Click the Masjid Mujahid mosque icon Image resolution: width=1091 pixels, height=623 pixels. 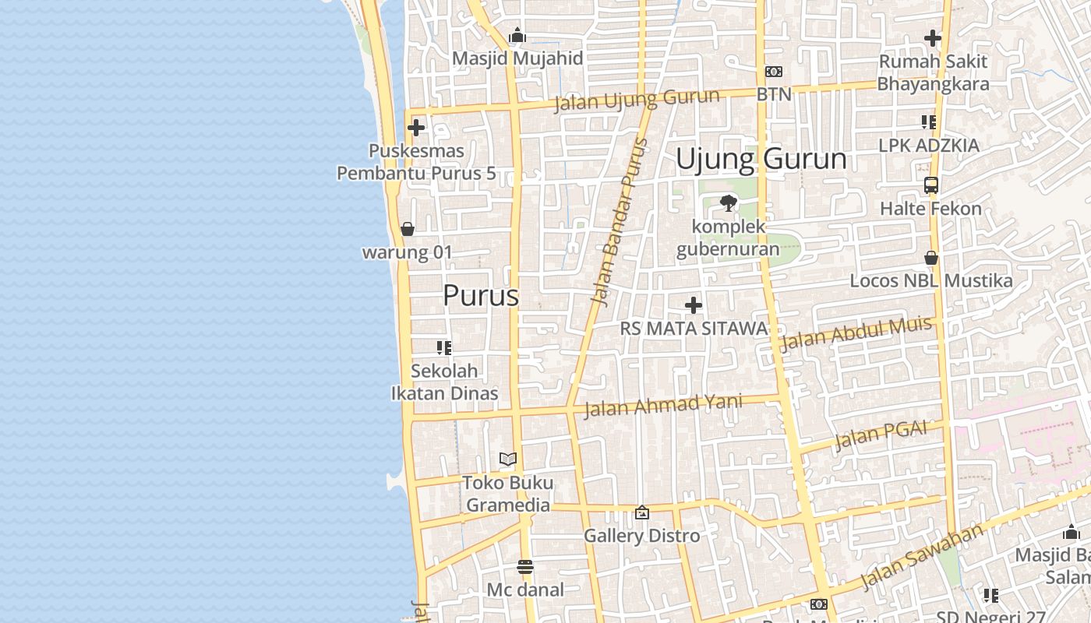(517, 36)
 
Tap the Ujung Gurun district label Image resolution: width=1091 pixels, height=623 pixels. (761, 159)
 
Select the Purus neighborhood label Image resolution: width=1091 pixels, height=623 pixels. (480, 296)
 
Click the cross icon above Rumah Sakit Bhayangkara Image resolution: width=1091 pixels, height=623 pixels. (932, 37)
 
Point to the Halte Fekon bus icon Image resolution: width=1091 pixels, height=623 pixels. (930, 185)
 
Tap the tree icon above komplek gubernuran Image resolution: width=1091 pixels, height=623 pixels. (728, 203)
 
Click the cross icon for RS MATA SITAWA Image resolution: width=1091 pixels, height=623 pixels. (693, 305)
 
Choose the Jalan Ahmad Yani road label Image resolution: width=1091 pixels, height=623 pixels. (663, 405)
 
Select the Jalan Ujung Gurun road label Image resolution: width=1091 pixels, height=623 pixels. (637, 100)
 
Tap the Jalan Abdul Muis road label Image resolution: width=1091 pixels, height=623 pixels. (856, 335)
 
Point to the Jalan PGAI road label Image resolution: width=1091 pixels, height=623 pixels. (881, 435)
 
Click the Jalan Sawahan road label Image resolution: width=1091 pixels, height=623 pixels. (923, 558)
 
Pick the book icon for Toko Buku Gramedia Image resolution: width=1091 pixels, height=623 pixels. (507, 459)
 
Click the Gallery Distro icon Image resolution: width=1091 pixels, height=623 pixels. (641, 512)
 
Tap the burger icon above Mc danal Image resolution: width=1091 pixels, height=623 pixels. (524, 566)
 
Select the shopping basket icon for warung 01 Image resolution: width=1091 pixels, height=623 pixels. (407, 229)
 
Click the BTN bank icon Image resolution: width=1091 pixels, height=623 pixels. (773, 72)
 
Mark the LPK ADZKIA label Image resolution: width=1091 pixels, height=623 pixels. (928, 146)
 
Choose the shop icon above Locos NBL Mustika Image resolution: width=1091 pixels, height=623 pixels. (930, 258)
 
